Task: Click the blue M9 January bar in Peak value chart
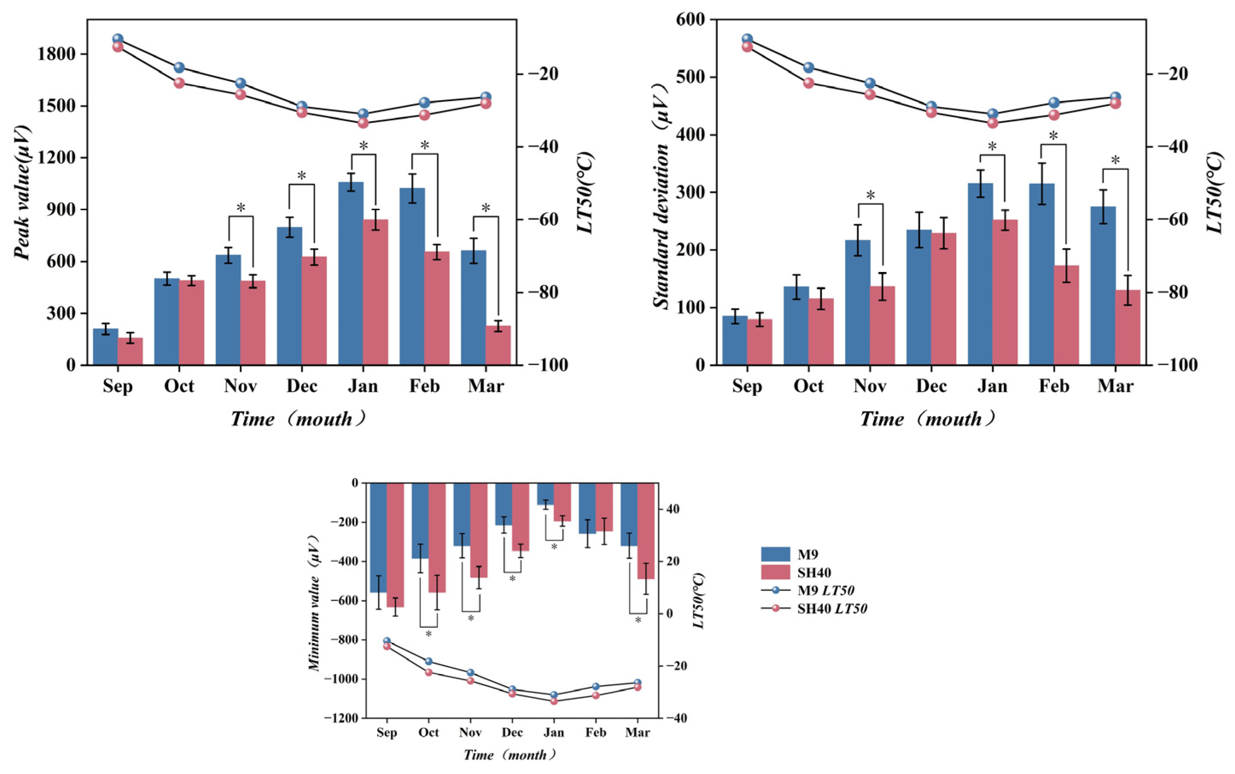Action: [351, 274]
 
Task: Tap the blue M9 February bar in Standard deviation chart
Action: [1041, 274]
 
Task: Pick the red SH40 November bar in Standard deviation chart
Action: [882, 325]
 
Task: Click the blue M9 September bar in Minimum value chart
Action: [378, 537]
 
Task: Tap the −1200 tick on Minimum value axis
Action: [341, 718]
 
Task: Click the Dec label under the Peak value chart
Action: [302, 386]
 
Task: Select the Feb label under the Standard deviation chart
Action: [1054, 386]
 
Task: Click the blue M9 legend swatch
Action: [776, 554]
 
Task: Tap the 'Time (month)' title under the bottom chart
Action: [509, 754]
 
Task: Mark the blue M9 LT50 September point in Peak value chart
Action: [118, 39]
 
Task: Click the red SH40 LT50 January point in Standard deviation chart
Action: [992, 123]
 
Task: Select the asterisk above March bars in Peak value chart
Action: [486, 208]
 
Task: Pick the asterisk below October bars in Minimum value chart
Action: [429, 634]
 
